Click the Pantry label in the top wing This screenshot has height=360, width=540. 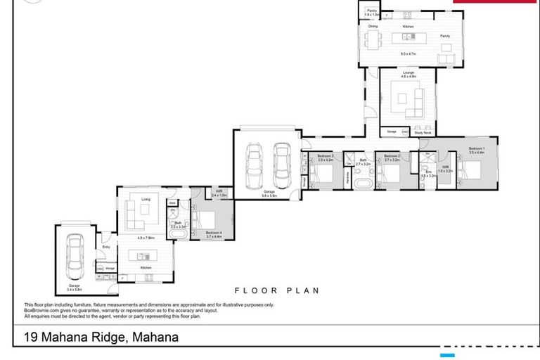coord(371,11)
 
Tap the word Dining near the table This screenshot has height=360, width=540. coord(373,27)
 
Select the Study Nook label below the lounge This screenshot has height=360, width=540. coord(423,131)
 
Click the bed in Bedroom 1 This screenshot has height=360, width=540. coord(470,170)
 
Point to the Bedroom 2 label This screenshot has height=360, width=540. coord(392,155)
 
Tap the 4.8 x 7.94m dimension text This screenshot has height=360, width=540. coord(146,238)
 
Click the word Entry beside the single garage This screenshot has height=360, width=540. coord(106,247)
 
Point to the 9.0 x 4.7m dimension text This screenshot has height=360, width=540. coord(409,54)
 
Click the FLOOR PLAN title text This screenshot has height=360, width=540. coord(277,290)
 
